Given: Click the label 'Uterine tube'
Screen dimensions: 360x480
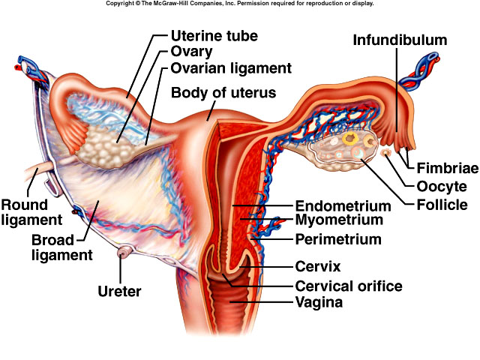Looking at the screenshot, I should click(214, 35).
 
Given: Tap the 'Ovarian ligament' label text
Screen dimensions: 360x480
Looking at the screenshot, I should click(220, 68).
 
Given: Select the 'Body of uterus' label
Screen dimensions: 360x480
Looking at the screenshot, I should click(223, 93).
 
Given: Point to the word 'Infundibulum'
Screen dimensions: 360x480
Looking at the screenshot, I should click(410, 40).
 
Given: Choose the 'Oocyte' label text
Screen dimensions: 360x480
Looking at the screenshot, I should click(442, 187).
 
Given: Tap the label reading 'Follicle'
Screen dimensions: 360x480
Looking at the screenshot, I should click(442, 204).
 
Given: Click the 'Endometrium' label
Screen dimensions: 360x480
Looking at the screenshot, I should click(343, 205).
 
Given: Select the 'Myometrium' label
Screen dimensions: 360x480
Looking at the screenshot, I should click(339, 220).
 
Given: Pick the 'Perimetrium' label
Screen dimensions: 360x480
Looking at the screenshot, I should click(338, 240).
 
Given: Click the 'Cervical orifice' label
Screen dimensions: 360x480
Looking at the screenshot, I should click(349, 286).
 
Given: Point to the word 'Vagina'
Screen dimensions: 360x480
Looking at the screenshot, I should click(319, 303).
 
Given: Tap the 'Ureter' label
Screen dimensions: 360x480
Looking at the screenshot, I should click(119, 291).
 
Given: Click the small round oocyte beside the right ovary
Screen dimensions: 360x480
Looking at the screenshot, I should click(386, 154).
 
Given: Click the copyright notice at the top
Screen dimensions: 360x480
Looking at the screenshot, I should click(239, 4).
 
